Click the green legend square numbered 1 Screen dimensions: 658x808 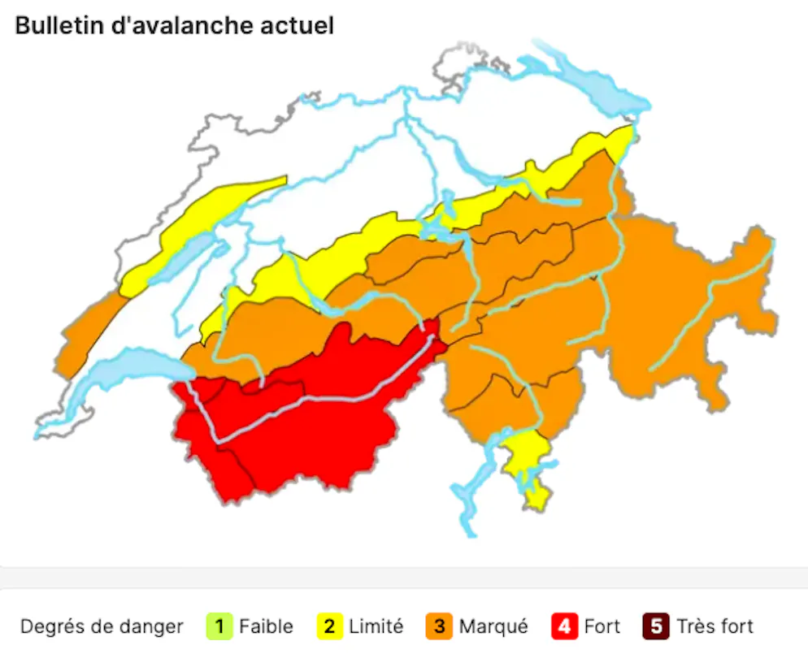219,627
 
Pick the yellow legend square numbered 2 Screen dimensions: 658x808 329,627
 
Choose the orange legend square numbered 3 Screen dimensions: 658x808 439,627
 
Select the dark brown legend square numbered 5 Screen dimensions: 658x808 656,627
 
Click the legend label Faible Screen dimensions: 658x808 266,627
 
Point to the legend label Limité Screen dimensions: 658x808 376,627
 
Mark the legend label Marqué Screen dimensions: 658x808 493,627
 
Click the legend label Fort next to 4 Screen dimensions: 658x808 602,627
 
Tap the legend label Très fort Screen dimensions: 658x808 715,627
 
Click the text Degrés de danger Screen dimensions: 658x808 102,627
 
